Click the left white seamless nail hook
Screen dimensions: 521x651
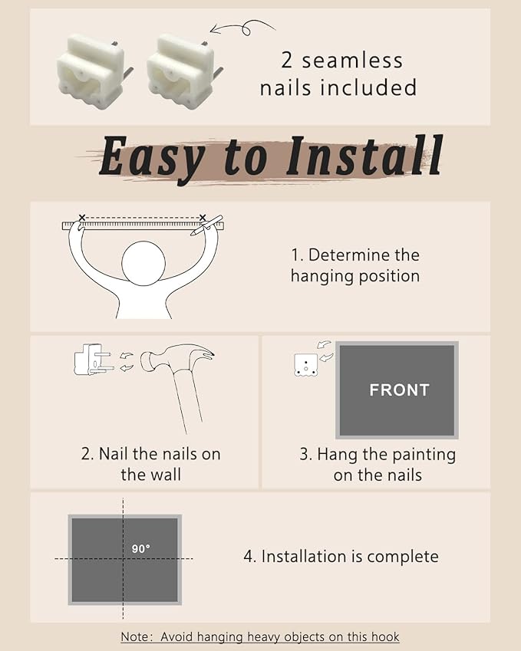click(94, 73)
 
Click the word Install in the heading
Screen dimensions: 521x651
click(364, 156)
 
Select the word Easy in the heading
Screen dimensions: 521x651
click(152, 159)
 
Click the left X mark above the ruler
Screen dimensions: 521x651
click(82, 218)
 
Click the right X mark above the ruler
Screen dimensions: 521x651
click(203, 218)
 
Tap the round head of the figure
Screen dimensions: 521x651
click(143, 263)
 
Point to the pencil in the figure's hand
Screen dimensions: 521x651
click(206, 225)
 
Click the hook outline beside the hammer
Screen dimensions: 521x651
click(93, 360)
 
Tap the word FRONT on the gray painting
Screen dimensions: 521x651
click(399, 390)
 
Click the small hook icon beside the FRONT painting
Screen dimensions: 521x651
click(306, 365)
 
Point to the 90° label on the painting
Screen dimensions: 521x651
click(141, 549)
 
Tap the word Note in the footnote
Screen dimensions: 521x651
click(134, 637)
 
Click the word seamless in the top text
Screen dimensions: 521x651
click(352, 61)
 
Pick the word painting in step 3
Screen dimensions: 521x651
click(424, 455)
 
